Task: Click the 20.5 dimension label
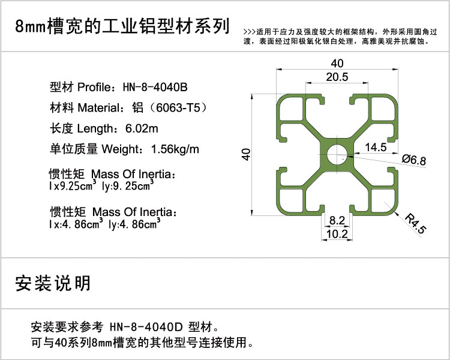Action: [337, 77]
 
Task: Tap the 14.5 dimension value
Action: [376, 147]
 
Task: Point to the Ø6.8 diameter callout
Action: [414, 160]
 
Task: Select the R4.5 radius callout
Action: [416, 223]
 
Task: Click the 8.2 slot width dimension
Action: [337, 220]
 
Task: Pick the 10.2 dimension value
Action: [337, 234]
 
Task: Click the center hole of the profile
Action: [337, 155]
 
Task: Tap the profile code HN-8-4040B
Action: [155, 87]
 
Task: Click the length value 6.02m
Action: [142, 128]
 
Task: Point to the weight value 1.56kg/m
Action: [175, 149]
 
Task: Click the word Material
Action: [98, 107]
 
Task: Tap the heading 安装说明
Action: [53, 283]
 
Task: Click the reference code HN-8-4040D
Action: [146, 326]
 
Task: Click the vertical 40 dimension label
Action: [246, 154]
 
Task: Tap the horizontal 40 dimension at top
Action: [337, 63]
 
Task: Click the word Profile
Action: [94, 87]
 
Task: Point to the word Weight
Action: [121, 149]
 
